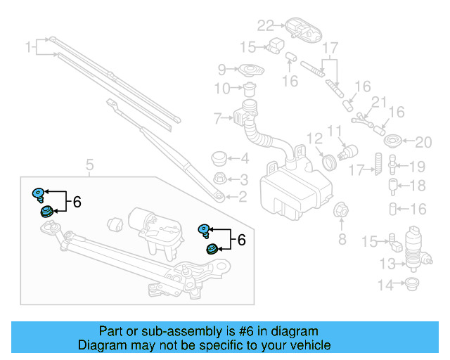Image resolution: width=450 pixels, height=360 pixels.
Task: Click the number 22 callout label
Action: click(264, 26)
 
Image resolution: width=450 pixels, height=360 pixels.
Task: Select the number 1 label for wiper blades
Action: click(30, 48)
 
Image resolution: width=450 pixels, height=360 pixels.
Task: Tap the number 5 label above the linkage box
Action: click(89, 166)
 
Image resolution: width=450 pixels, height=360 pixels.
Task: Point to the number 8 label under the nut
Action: click(342, 240)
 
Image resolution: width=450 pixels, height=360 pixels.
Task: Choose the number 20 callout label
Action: click(422, 143)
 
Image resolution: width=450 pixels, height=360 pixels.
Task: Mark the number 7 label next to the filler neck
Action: click(218, 117)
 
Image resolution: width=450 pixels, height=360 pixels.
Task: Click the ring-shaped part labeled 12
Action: click(328, 162)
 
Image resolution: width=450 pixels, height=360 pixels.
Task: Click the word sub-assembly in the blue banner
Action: click(165, 331)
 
